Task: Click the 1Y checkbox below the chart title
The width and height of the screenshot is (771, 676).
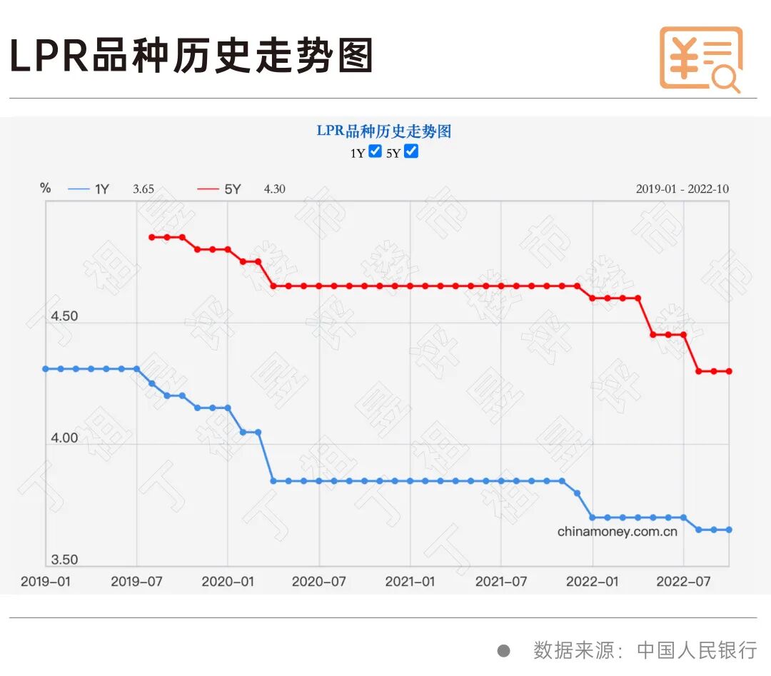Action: pos(376,151)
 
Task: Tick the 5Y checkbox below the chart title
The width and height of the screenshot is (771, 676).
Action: pos(411,151)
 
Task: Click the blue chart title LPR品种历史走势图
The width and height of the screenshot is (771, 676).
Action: pos(384,131)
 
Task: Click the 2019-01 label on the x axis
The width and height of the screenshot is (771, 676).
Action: pos(46,582)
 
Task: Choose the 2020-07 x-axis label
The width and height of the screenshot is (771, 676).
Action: pos(319,582)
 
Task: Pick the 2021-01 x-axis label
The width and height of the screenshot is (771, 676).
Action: pos(410,582)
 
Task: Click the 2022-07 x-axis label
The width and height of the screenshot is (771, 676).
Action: pos(683,582)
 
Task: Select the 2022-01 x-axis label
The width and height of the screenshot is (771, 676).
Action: pos(593,582)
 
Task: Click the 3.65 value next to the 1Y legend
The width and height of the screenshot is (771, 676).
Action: pos(143,189)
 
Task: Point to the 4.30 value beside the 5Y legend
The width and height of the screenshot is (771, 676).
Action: pos(275,189)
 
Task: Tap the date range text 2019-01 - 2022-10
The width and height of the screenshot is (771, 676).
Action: pos(682,189)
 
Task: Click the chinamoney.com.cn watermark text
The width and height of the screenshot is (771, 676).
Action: pos(618,532)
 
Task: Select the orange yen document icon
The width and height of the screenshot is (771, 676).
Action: pos(700,59)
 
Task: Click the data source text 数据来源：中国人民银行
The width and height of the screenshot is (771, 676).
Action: pos(645,650)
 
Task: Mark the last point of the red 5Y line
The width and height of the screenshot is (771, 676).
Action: pos(729,371)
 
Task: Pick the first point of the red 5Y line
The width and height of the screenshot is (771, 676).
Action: pos(152,237)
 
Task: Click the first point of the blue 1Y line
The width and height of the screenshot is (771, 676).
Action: pos(46,369)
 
